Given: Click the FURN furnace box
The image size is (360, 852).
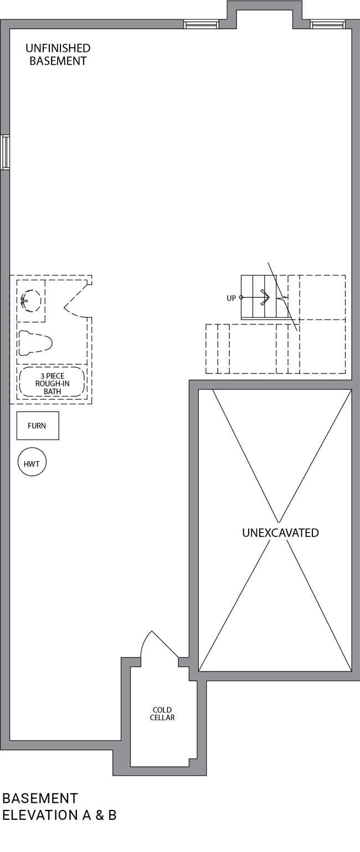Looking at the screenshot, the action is [38, 426].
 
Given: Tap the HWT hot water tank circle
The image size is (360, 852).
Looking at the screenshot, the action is [32, 462].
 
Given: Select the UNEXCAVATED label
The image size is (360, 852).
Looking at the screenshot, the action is [280, 533].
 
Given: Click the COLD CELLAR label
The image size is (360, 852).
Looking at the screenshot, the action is [162, 714].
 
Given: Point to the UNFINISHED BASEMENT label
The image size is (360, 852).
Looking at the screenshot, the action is [58, 54].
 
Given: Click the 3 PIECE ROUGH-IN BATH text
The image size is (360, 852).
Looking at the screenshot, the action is [52, 384].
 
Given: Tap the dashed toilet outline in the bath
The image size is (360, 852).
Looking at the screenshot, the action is [35, 343].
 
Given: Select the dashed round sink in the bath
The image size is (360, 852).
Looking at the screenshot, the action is [30, 301].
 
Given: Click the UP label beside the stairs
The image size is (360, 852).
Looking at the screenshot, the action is [232, 298].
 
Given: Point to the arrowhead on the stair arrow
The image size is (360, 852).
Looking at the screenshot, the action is [266, 297].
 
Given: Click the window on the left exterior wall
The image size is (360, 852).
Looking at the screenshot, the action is [5, 152].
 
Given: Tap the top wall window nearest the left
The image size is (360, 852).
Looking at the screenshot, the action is [201, 24].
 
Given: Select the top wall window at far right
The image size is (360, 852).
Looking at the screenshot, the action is [328, 24].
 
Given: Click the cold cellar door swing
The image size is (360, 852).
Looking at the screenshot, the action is [159, 643].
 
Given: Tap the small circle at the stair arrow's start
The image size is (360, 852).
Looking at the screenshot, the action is [241, 297].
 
